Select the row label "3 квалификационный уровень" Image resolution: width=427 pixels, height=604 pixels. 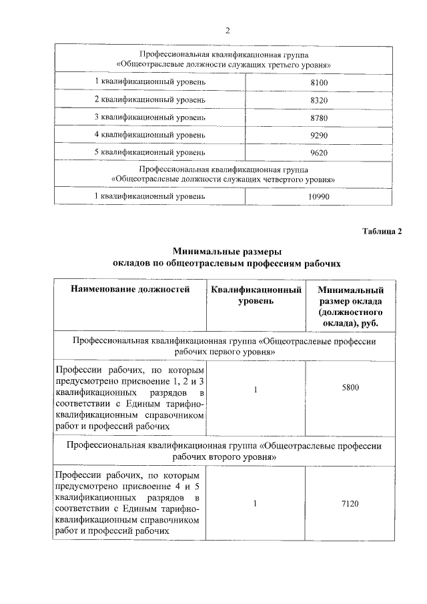tap(149, 117)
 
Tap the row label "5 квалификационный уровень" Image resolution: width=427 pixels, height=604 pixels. tap(149, 152)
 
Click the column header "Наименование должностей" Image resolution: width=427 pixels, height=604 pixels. tap(131, 290)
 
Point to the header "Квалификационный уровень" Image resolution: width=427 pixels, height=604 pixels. tap(256, 296)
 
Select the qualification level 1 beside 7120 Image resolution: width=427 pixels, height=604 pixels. tap(256, 504)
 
